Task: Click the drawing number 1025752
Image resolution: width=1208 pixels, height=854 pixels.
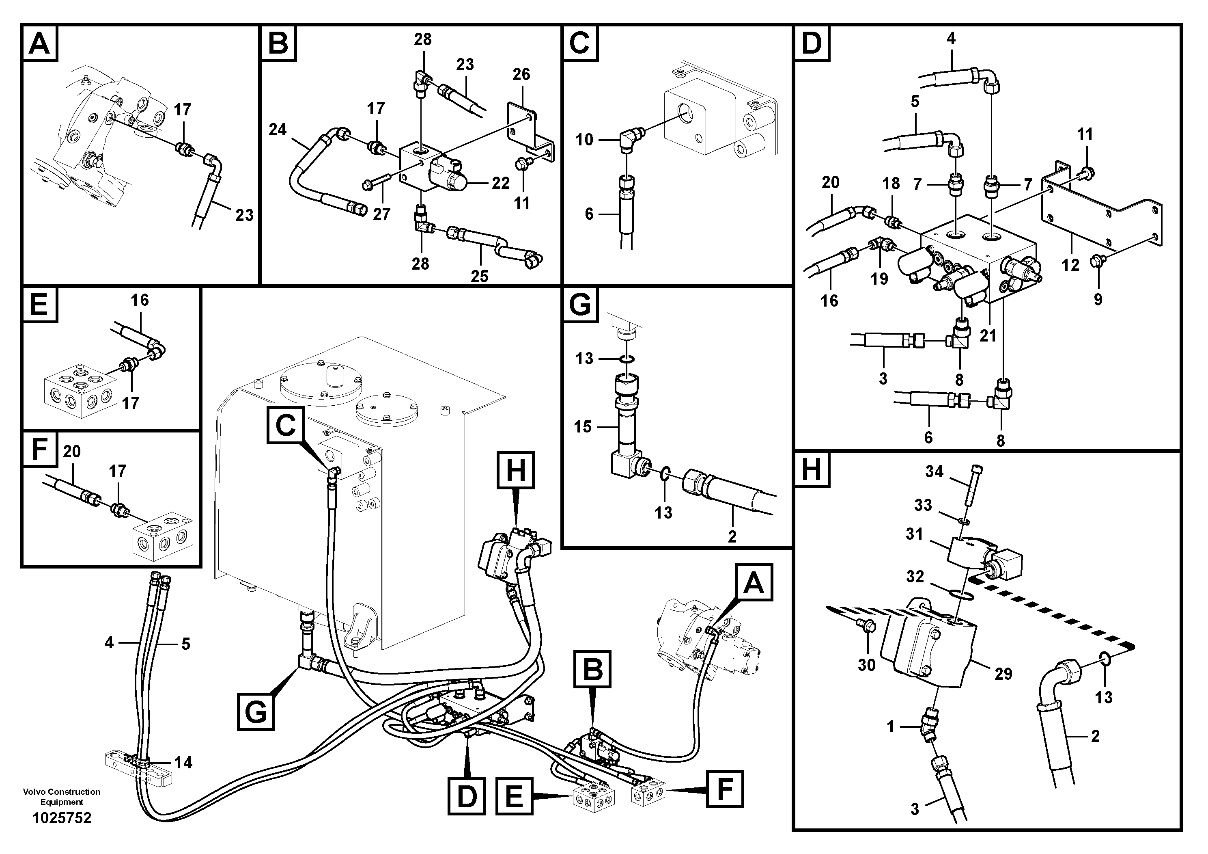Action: [62, 818]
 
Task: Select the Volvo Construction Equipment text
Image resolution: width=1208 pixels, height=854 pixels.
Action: [62, 797]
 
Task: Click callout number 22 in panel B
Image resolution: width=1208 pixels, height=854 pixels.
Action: [500, 183]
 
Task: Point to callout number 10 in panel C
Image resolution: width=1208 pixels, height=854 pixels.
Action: [584, 140]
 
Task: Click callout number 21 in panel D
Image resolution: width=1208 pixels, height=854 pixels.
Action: [988, 335]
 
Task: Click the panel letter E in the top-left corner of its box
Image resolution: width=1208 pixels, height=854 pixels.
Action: [39, 304]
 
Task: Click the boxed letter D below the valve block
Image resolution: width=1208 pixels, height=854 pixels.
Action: [467, 797]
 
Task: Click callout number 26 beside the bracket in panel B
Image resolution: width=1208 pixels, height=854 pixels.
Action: [521, 74]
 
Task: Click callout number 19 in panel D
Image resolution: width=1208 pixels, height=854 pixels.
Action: [879, 279]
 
